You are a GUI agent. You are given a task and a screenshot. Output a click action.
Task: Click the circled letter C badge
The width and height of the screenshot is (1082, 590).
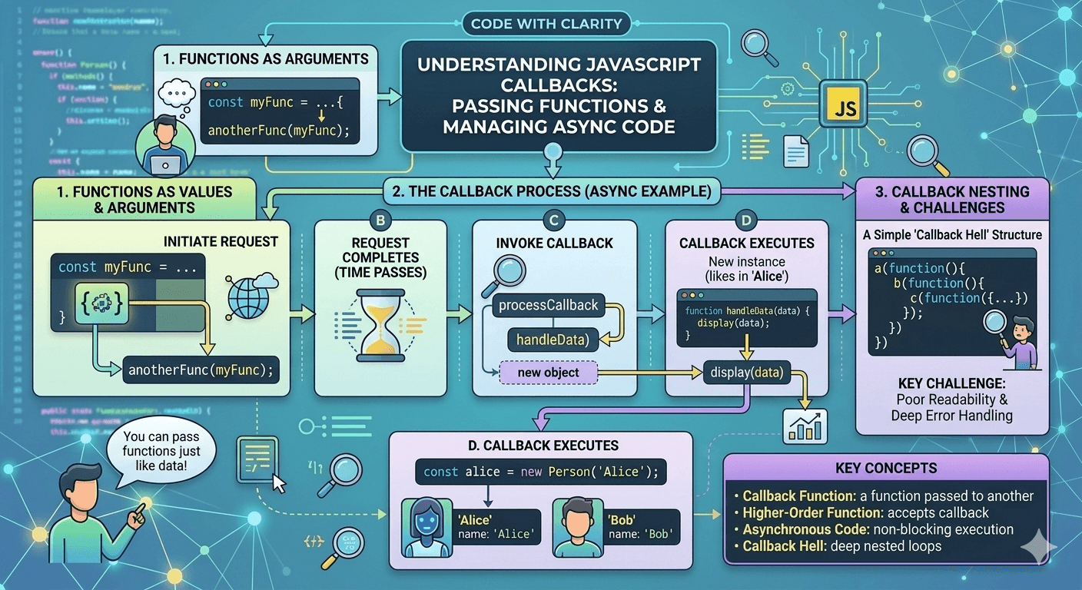coord(553,221)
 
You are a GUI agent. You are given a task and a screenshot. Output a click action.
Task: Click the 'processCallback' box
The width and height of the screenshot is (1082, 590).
coord(548,305)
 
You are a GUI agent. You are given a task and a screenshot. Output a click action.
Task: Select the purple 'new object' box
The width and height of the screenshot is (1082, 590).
coord(548,373)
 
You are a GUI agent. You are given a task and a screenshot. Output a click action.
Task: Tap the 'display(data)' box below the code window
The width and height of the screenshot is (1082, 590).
coord(746,373)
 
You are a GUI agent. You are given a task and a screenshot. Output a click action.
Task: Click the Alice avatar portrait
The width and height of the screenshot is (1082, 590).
coord(427,526)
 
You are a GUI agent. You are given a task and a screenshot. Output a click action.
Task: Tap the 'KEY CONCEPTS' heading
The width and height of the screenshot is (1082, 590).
coord(885,468)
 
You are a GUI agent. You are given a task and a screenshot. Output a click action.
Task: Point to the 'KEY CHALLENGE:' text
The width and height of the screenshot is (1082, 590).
coord(951,383)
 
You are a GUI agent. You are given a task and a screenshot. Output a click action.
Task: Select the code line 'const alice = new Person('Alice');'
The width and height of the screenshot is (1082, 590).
coord(541,472)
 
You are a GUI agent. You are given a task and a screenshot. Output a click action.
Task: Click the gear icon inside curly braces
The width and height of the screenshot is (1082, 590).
coord(101,303)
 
